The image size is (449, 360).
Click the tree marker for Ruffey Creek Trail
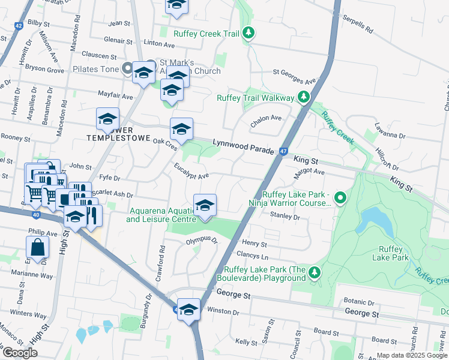[249, 34]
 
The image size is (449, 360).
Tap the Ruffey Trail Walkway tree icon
[304, 97]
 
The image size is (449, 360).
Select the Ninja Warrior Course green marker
[340, 197]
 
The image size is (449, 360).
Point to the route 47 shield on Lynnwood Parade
[282, 152]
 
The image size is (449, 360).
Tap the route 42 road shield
[18, 26]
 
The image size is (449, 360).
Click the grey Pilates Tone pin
[127, 68]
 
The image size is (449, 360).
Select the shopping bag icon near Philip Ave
[37, 247]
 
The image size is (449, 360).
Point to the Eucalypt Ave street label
[191, 172]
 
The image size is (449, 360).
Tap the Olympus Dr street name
[200, 240]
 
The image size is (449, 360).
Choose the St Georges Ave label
[294, 76]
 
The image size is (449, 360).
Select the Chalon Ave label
[266, 119]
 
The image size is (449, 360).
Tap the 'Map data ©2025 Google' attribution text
[411, 355]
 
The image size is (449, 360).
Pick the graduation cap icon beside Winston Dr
[188, 310]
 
